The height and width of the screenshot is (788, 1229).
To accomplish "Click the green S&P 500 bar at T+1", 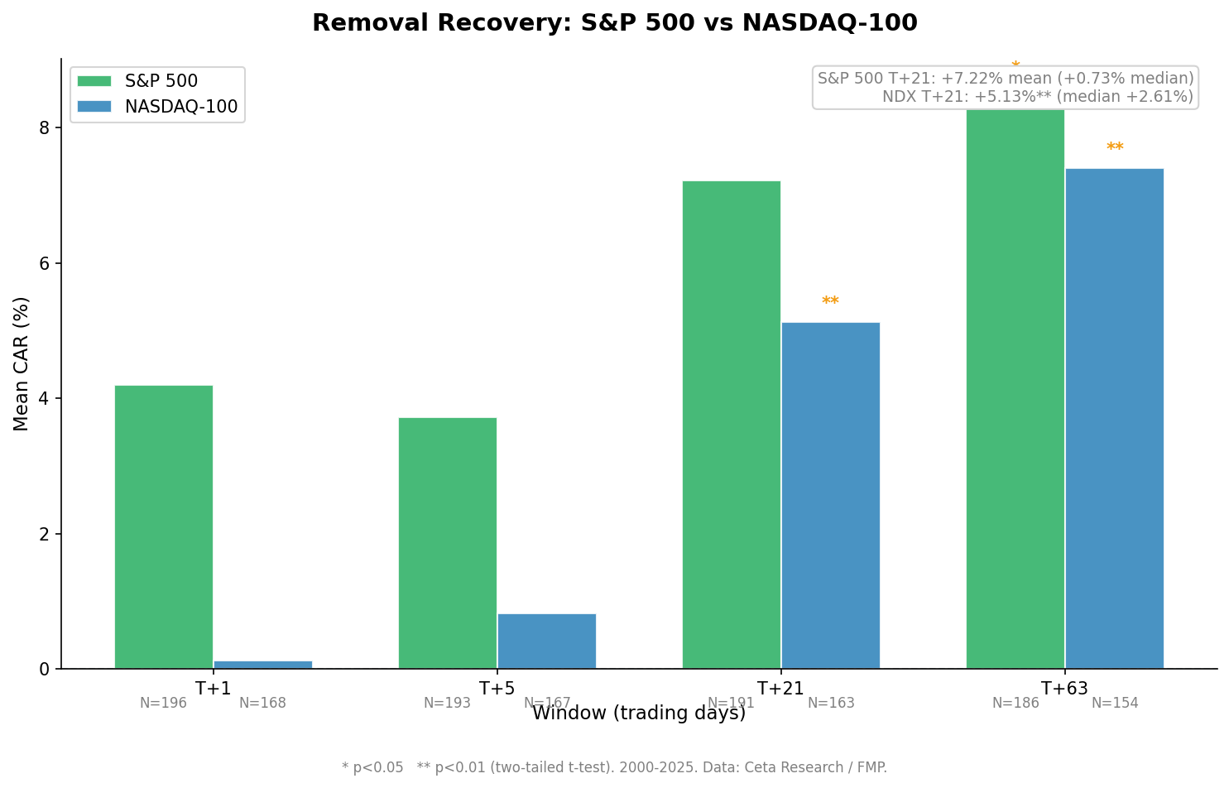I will point(164,526).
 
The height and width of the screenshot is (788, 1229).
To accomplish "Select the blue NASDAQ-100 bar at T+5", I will point(546,641).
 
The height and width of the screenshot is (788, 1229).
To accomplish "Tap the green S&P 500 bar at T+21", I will point(731,424).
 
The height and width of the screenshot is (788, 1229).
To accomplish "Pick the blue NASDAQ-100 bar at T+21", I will point(830,495).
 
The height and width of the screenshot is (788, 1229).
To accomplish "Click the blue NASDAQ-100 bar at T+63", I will point(1114,418).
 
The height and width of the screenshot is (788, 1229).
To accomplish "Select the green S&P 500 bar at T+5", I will point(447,542).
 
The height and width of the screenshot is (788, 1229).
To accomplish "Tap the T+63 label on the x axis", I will point(1064,689).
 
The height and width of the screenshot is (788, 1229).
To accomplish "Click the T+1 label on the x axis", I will point(213,689).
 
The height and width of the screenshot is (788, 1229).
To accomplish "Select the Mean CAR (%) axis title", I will point(22,363).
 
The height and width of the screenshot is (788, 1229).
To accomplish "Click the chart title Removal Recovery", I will point(614,23).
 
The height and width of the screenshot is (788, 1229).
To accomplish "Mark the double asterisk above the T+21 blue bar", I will point(830,302).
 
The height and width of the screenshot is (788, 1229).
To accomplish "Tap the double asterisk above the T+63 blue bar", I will point(1115,148).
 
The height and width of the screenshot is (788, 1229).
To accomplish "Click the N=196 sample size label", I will point(163,704).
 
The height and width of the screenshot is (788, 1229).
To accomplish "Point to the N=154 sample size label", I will point(1115,704).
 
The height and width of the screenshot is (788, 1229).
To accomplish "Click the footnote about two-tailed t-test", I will point(614,767).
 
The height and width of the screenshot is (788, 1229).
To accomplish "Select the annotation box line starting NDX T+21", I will point(1037,97).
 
